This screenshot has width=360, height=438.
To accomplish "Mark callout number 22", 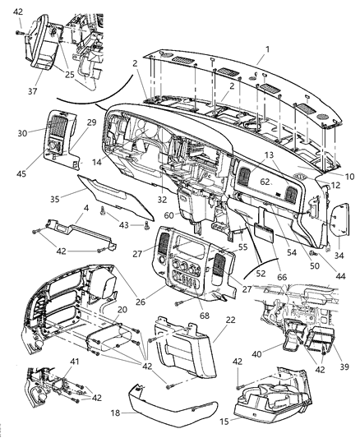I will (207, 320).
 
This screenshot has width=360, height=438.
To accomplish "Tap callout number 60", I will (168, 215).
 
